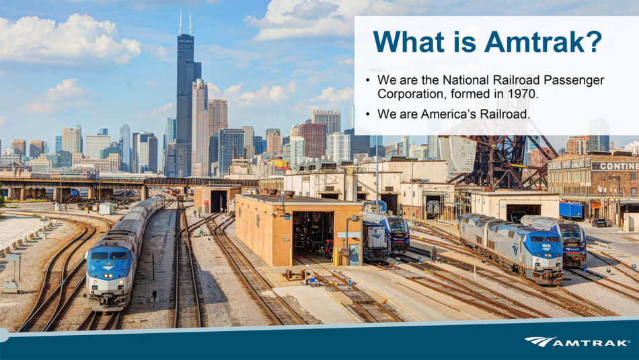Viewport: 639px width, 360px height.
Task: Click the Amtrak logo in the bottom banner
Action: [x=576, y=342]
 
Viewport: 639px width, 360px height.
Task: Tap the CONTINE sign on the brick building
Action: [x=615, y=166]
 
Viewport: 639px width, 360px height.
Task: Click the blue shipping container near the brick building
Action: [x=570, y=211]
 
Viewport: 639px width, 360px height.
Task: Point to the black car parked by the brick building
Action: [x=599, y=223]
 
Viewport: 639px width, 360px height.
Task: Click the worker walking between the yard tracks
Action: [x=434, y=254]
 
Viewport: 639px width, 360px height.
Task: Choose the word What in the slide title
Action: [x=408, y=41]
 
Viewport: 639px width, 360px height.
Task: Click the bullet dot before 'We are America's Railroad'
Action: [x=368, y=114]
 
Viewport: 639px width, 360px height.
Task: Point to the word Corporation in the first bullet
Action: [x=412, y=94]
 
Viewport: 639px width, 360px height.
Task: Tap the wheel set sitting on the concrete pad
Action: [x=295, y=275]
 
